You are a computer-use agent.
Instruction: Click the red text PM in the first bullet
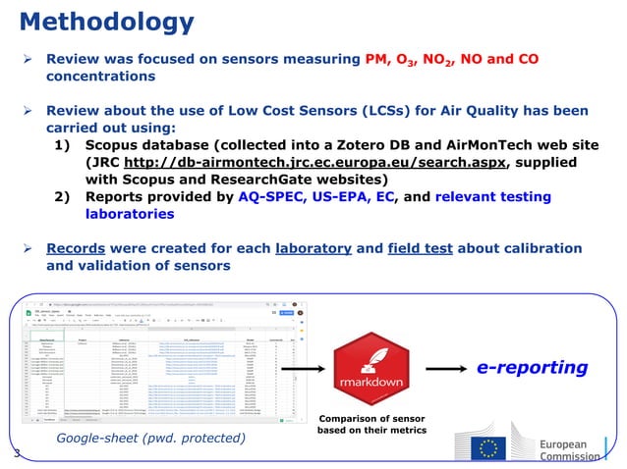pyautogui.click(x=377, y=59)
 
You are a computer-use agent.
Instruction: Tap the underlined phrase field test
pyautogui.click(x=427, y=247)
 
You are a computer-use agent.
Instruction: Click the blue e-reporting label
pyautogui.click(x=532, y=368)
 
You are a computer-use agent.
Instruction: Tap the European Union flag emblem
pyautogui.click(x=491, y=446)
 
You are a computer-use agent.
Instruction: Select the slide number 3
pyautogui.click(x=17, y=453)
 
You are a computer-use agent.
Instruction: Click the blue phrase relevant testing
pyautogui.click(x=490, y=196)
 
